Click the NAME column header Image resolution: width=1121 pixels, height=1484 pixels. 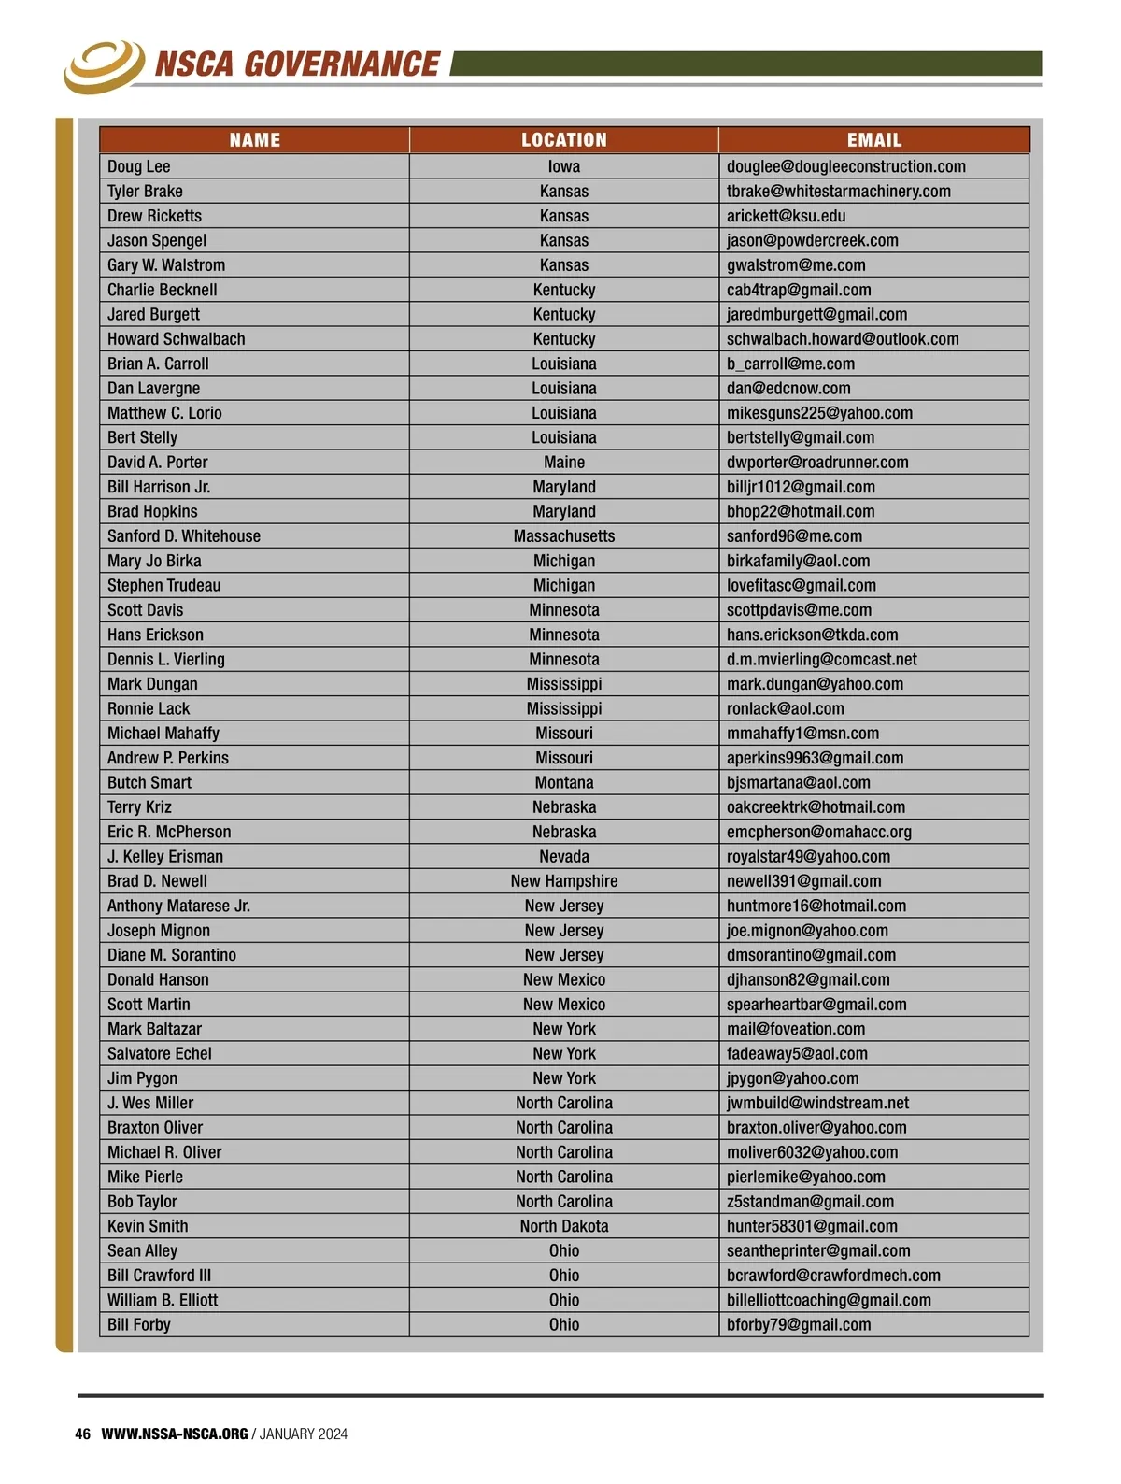click(254, 140)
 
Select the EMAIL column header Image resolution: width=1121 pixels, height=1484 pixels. click(873, 140)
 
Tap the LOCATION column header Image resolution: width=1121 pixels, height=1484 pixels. click(563, 140)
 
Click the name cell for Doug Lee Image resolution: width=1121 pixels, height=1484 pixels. click(139, 166)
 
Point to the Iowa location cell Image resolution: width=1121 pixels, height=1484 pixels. click(563, 166)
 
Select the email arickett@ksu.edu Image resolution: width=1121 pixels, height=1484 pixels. click(786, 216)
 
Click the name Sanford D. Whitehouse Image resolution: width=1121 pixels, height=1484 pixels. click(184, 536)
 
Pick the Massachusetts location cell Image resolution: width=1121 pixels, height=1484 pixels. click(563, 536)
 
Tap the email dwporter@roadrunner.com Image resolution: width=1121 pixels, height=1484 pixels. click(816, 463)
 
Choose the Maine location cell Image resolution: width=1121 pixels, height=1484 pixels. click(563, 463)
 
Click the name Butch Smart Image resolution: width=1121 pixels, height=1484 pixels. click(149, 783)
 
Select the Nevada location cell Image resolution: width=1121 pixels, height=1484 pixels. click(563, 857)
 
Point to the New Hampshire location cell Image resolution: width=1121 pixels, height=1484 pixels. click(563, 881)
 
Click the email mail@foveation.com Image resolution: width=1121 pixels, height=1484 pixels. click(795, 1029)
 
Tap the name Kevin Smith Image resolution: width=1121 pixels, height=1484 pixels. click(148, 1226)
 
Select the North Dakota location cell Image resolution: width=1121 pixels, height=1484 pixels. click(563, 1226)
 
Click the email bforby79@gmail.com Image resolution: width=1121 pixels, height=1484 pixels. click(798, 1325)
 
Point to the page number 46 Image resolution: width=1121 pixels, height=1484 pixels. click(83, 1434)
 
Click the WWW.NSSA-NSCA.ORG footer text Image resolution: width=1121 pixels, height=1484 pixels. click(175, 1434)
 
